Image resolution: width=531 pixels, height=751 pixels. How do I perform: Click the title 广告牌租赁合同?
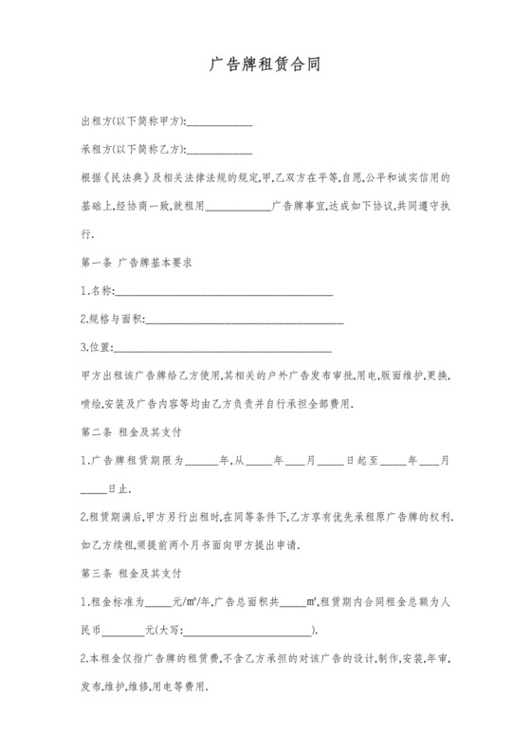point(265,67)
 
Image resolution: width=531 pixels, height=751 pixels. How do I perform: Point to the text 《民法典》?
point(125,177)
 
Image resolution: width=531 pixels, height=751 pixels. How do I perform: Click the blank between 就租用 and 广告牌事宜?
point(237,205)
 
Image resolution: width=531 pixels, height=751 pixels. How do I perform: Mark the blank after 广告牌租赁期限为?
point(201,463)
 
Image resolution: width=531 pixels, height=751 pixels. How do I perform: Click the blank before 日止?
point(94,490)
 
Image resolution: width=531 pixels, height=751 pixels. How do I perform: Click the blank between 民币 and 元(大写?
point(122,632)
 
